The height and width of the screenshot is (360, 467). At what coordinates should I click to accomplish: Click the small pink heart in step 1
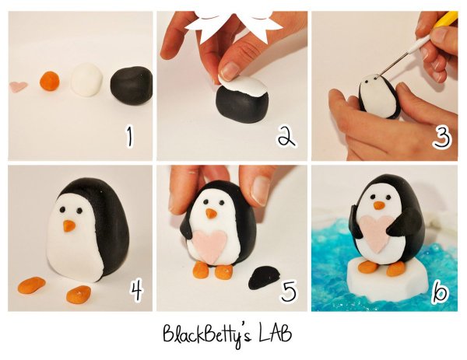(x=19, y=86)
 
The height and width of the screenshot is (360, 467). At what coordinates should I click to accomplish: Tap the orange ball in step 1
(x=50, y=81)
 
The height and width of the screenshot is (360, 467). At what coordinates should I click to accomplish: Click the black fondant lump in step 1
(x=132, y=85)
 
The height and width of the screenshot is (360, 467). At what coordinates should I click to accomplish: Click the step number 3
(x=442, y=137)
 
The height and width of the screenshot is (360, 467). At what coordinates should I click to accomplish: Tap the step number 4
(x=137, y=291)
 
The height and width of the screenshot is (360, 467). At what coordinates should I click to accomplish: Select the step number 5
(x=289, y=291)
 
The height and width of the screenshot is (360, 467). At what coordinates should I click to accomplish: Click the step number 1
(x=129, y=137)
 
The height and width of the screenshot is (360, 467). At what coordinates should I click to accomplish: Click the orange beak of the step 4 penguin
(x=69, y=226)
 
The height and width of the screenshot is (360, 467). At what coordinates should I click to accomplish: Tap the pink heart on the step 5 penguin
(x=209, y=246)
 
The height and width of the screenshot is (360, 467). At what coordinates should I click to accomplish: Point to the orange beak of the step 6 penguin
(x=379, y=205)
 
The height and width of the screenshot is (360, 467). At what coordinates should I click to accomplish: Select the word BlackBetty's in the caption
(x=207, y=334)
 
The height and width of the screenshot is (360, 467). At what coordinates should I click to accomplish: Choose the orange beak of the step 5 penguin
(x=211, y=213)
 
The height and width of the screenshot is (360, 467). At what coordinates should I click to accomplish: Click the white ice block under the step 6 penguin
(x=387, y=278)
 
